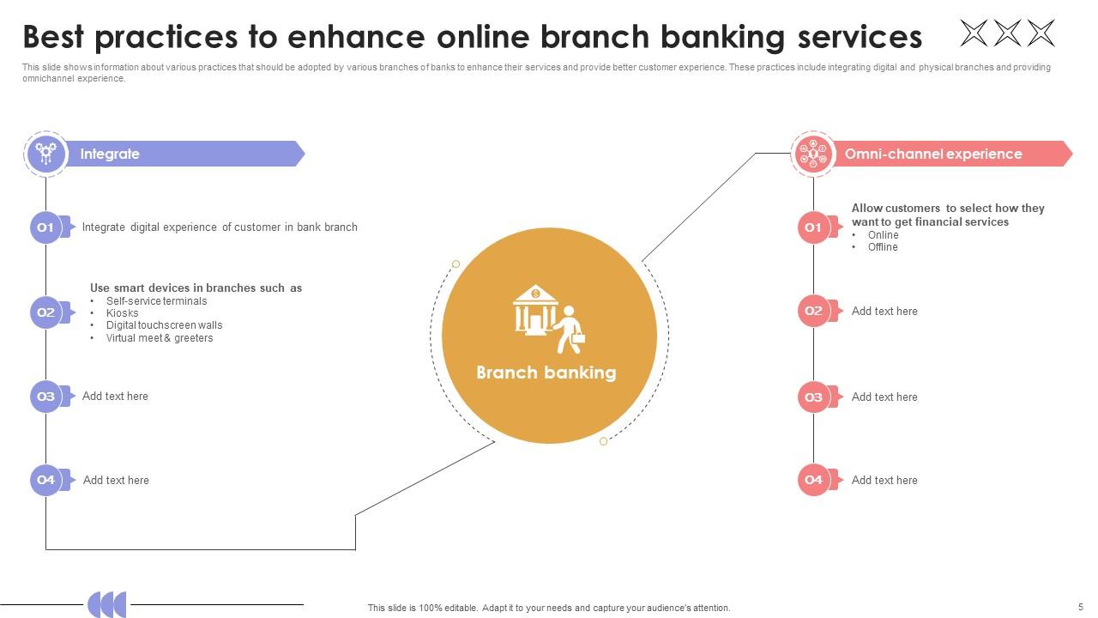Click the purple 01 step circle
tap(45, 227)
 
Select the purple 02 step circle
tap(45, 312)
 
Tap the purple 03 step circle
tap(45, 397)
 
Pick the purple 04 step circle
tap(45, 480)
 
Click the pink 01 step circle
tap(813, 227)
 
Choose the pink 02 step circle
tap(813, 311)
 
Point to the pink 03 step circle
tap(813, 397)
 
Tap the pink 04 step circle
tap(813, 480)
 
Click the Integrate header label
tap(110, 154)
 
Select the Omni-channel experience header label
tap(933, 154)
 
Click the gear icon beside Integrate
tap(46, 154)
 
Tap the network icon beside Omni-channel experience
tap(813, 154)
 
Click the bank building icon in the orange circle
tap(534, 310)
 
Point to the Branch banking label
tap(546, 373)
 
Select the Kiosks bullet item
tap(122, 313)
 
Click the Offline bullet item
tap(883, 247)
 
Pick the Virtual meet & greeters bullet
tap(160, 338)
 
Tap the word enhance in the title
tap(356, 37)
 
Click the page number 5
tap(1080, 607)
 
